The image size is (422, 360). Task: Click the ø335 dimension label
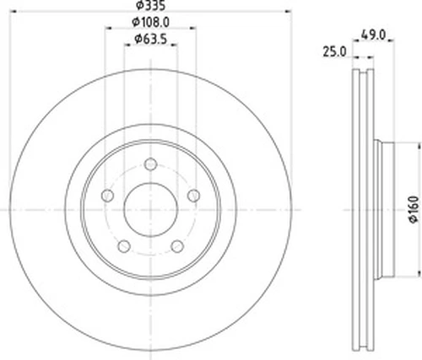(150, 6)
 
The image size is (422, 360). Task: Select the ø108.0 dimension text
(151, 22)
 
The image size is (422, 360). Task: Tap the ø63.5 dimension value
(151, 39)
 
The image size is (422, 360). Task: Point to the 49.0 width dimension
(373, 35)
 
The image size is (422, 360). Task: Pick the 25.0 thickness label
(334, 52)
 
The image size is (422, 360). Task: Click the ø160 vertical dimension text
(414, 210)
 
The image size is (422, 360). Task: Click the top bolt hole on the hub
(151, 164)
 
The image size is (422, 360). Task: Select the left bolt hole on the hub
(107, 196)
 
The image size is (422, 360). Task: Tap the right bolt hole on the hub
(194, 196)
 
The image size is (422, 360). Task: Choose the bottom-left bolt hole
(124, 246)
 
